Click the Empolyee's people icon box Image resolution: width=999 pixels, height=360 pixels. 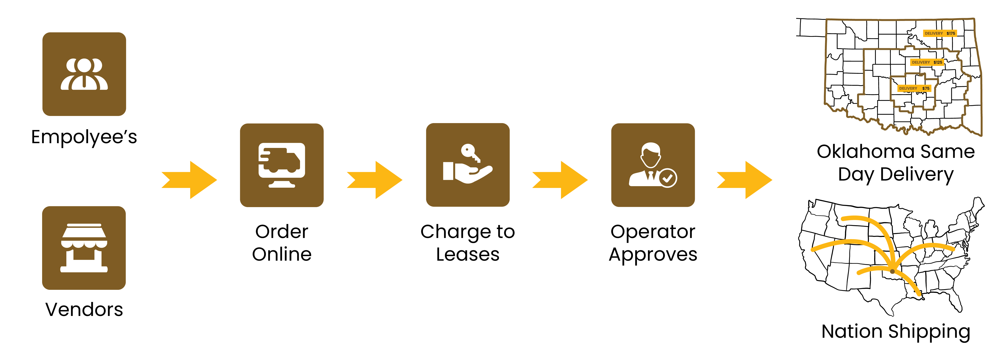[x=84, y=74]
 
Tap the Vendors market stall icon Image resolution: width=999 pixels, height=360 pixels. [x=84, y=248]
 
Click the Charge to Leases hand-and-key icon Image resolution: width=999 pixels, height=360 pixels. [x=468, y=165]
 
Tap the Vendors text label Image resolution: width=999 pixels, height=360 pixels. [x=84, y=309]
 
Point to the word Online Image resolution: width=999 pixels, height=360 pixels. [x=282, y=254]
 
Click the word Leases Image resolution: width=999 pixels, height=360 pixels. [x=468, y=254]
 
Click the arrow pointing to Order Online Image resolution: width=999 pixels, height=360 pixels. [x=189, y=180]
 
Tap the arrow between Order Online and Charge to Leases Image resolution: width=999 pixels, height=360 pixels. [x=375, y=180]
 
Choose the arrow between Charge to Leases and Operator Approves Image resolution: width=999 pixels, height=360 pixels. [x=560, y=180]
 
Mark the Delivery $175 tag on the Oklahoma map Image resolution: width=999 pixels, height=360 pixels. [x=940, y=33]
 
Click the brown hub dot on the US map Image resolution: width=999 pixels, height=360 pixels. [x=892, y=271]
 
